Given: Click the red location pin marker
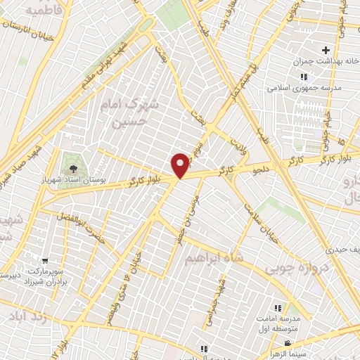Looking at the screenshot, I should point(181,165).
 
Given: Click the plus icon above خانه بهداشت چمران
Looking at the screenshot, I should point(326,51).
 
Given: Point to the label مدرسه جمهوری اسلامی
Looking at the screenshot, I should point(303,89).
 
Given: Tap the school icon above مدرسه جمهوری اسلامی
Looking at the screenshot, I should point(304,77).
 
